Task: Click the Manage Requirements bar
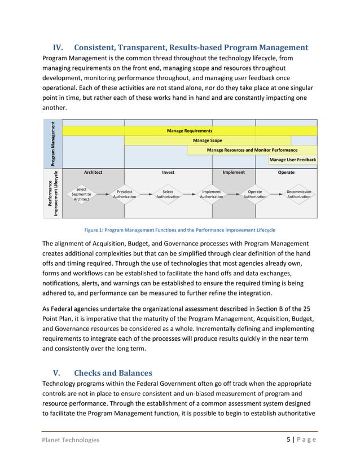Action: [x=190, y=131]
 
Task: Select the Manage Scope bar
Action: [x=207, y=140]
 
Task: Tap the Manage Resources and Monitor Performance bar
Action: [x=252, y=150]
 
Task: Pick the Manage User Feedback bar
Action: [x=292, y=160]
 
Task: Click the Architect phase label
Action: [x=93, y=172]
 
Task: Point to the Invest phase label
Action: [x=168, y=172]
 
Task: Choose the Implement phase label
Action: [x=234, y=172]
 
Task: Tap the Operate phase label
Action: [x=286, y=172]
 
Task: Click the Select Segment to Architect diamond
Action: [x=81, y=194]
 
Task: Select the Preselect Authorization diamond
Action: [x=124, y=194]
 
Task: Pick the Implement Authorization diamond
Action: [x=212, y=194]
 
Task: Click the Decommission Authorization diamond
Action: [x=299, y=194]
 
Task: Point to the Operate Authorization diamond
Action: [x=255, y=194]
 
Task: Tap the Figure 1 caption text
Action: [x=179, y=230]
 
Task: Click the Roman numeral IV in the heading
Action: [x=59, y=47]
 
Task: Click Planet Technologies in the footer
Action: [x=71, y=439]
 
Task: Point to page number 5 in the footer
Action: [x=288, y=439]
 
